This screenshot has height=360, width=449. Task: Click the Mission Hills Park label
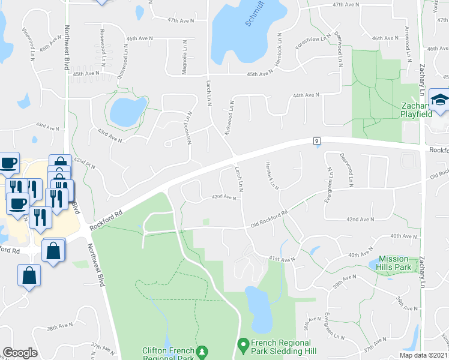[x=394, y=262]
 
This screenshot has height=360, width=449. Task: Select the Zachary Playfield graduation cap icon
[x=440, y=101]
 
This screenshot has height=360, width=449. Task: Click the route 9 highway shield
[x=315, y=140]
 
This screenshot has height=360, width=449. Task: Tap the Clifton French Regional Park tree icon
[x=203, y=350]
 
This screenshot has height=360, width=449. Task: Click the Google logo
[x=20, y=353]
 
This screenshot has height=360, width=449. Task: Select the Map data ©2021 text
[x=423, y=355]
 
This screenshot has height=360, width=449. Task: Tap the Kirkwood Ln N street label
[x=229, y=117]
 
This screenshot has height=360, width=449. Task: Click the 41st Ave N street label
[x=282, y=258]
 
